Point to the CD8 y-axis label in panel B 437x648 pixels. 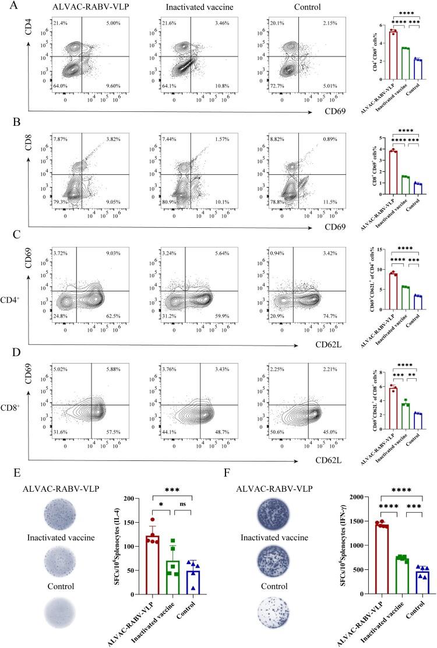point(28,139)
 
